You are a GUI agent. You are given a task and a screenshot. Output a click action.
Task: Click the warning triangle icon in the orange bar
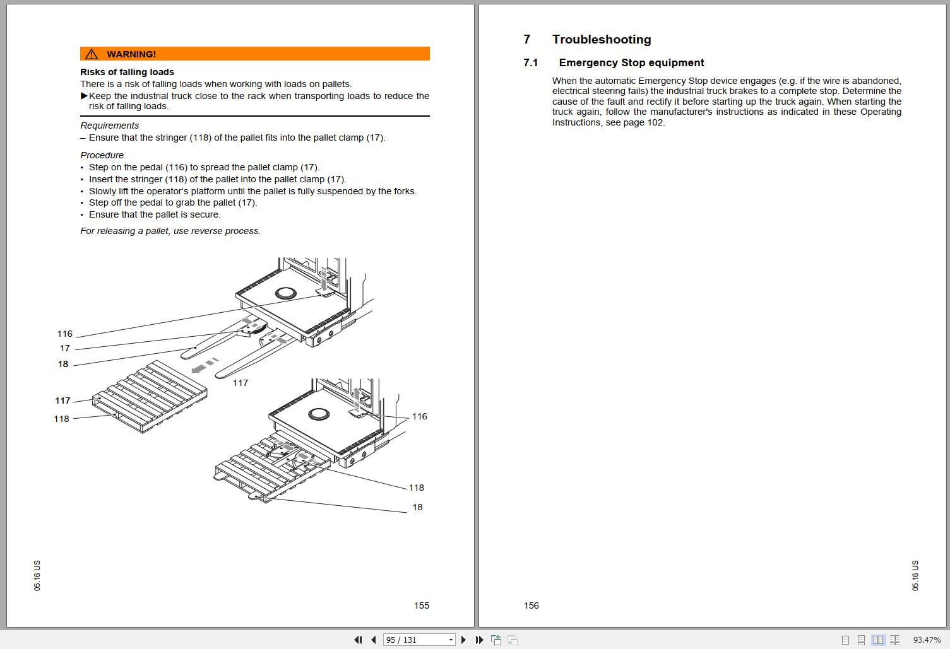click(91, 54)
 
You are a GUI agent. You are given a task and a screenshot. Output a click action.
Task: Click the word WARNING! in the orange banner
click(131, 54)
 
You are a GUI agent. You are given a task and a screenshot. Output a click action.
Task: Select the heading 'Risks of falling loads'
click(128, 72)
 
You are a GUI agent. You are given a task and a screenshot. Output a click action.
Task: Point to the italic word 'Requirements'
click(109, 126)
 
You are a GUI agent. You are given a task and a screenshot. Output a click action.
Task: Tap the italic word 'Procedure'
click(102, 155)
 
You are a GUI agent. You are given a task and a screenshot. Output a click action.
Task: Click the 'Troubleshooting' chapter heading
click(602, 39)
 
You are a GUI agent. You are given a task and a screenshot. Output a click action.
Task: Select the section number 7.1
click(531, 62)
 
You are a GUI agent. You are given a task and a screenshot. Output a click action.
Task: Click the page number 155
click(422, 605)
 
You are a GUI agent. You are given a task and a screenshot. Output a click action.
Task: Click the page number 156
click(531, 605)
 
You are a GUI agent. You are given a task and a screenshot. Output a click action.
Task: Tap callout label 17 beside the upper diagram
click(64, 348)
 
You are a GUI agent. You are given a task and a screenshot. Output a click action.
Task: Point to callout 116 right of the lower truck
click(419, 416)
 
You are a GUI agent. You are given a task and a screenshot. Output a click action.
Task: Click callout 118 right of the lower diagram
click(416, 488)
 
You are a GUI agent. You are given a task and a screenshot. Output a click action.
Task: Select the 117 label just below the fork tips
click(240, 383)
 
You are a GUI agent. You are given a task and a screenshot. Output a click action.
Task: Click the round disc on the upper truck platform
click(286, 293)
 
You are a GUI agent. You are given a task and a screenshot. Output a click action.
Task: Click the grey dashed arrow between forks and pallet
click(205, 365)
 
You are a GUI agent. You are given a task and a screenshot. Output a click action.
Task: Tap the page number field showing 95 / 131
click(419, 640)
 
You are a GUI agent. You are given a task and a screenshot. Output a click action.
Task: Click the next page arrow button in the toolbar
click(463, 640)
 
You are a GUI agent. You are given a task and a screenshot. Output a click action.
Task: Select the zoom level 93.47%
click(927, 640)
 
